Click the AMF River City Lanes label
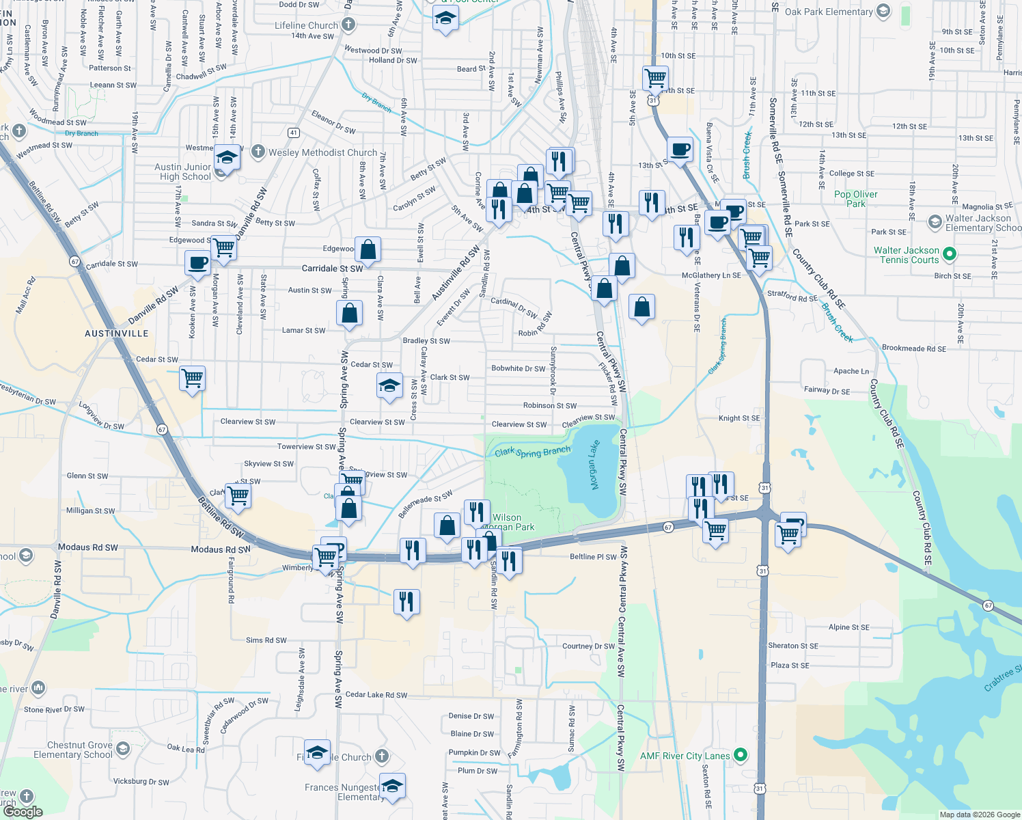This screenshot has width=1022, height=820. coord(685,756)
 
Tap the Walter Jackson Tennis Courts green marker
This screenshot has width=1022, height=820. coord(949,254)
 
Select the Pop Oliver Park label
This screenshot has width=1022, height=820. coord(855,199)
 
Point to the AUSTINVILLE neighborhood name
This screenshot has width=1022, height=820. coord(116,333)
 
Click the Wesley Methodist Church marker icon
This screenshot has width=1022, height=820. coord(258,152)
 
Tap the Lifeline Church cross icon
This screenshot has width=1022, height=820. coord(348,25)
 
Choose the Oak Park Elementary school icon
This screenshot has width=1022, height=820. coord(883,11)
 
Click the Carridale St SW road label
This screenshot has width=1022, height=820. coord(333,269)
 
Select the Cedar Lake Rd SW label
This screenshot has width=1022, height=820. coord(376,695)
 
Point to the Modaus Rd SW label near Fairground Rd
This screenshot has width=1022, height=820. coord(221,549)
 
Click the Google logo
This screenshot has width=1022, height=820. coord(23,812)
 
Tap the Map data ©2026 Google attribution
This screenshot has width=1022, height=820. coord(979,815)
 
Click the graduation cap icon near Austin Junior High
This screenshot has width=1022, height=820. coord(227,158)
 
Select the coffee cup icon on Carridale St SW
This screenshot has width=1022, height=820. coord(198,262)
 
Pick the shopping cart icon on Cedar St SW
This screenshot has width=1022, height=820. coord(193,377)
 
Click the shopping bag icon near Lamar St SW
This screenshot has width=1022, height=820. coord(349,313)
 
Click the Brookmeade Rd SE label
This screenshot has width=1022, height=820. coord(913,348)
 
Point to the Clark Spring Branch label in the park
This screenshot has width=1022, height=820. coord(532,452)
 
